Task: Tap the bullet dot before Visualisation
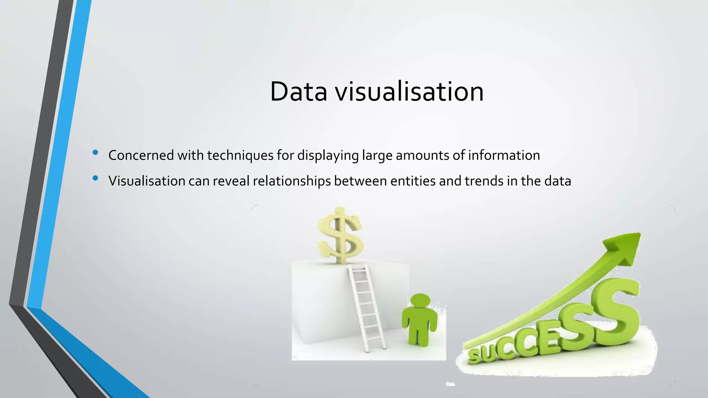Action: pos(95,178)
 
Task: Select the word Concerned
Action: pos(141,155)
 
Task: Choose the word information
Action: pos(504,155)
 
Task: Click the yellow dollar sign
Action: pos(340,235)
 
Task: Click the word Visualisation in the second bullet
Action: pos(147,181)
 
